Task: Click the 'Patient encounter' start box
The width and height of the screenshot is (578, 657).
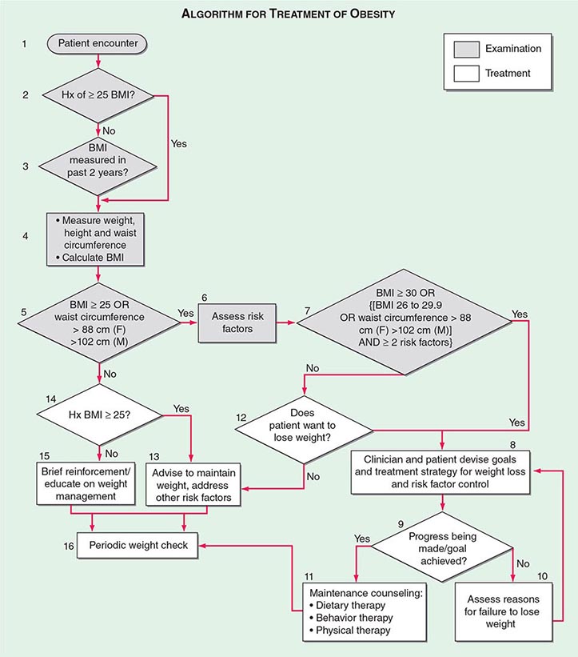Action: click(x=98, y=42)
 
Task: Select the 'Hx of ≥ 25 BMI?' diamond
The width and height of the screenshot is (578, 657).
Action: click(x=98, y=95)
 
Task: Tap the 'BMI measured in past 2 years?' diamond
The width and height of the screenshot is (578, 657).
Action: click(x=98, y=165)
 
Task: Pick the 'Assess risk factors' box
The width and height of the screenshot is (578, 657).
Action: click(x=237, y=322)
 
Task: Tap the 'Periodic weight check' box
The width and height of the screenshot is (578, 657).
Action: click(x=139, y=545)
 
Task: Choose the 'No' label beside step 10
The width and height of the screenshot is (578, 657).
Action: click(x=523, y=563)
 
